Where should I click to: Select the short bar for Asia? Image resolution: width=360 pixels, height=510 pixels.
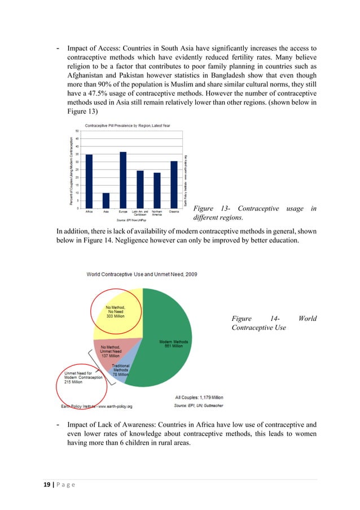coord(106,200)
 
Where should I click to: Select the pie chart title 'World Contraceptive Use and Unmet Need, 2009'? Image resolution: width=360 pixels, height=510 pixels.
coord(141,274)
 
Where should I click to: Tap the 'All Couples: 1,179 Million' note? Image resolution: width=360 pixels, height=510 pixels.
coord(199,398)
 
